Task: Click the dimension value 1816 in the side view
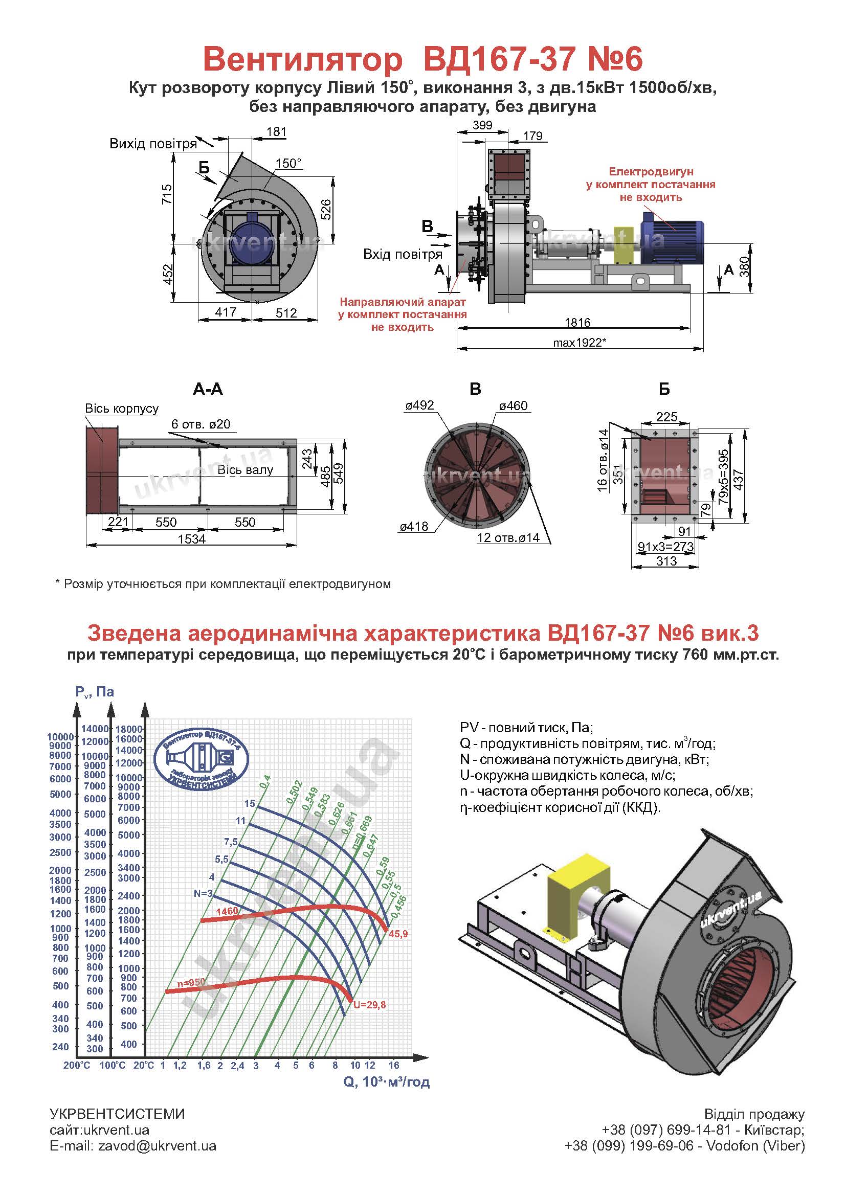click(577, 323)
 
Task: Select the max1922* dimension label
click(580, 343)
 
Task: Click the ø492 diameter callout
click(419, 405)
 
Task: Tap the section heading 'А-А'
click(207, 390)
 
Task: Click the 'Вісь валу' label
click(245, 470)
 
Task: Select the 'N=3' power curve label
click(203, 893)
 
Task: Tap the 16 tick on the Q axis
click(394, 1065)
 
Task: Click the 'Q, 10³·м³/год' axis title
click(387, 1082)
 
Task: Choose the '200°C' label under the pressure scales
click(77, 1066)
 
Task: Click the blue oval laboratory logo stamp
click(203, 757)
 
